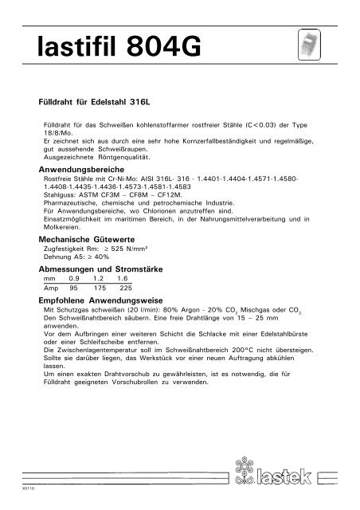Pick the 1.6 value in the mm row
click(x=123, y=280)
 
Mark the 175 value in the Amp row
click(x=100, y=288)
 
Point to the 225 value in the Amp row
click(x=125, y=288)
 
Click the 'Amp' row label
click(x=50, y=288)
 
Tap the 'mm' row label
click(x=49, y=280)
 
